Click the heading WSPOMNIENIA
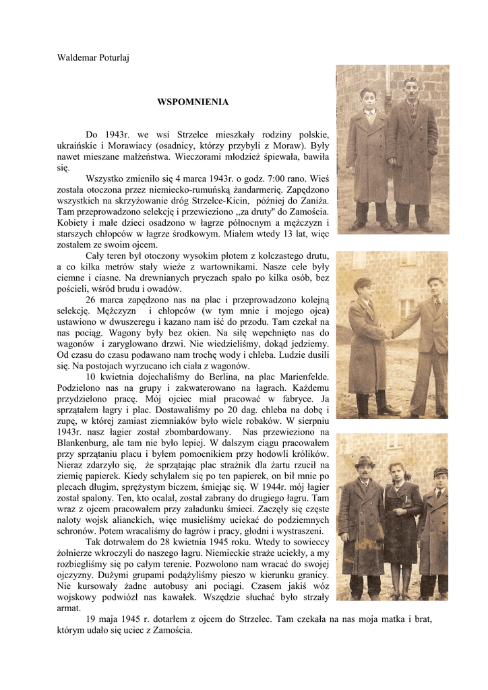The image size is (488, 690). tap(193, 102)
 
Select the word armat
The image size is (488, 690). tap(67, 607)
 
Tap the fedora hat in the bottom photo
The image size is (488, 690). tap(365, 462)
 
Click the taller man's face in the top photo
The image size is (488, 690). tap(411, 92)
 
